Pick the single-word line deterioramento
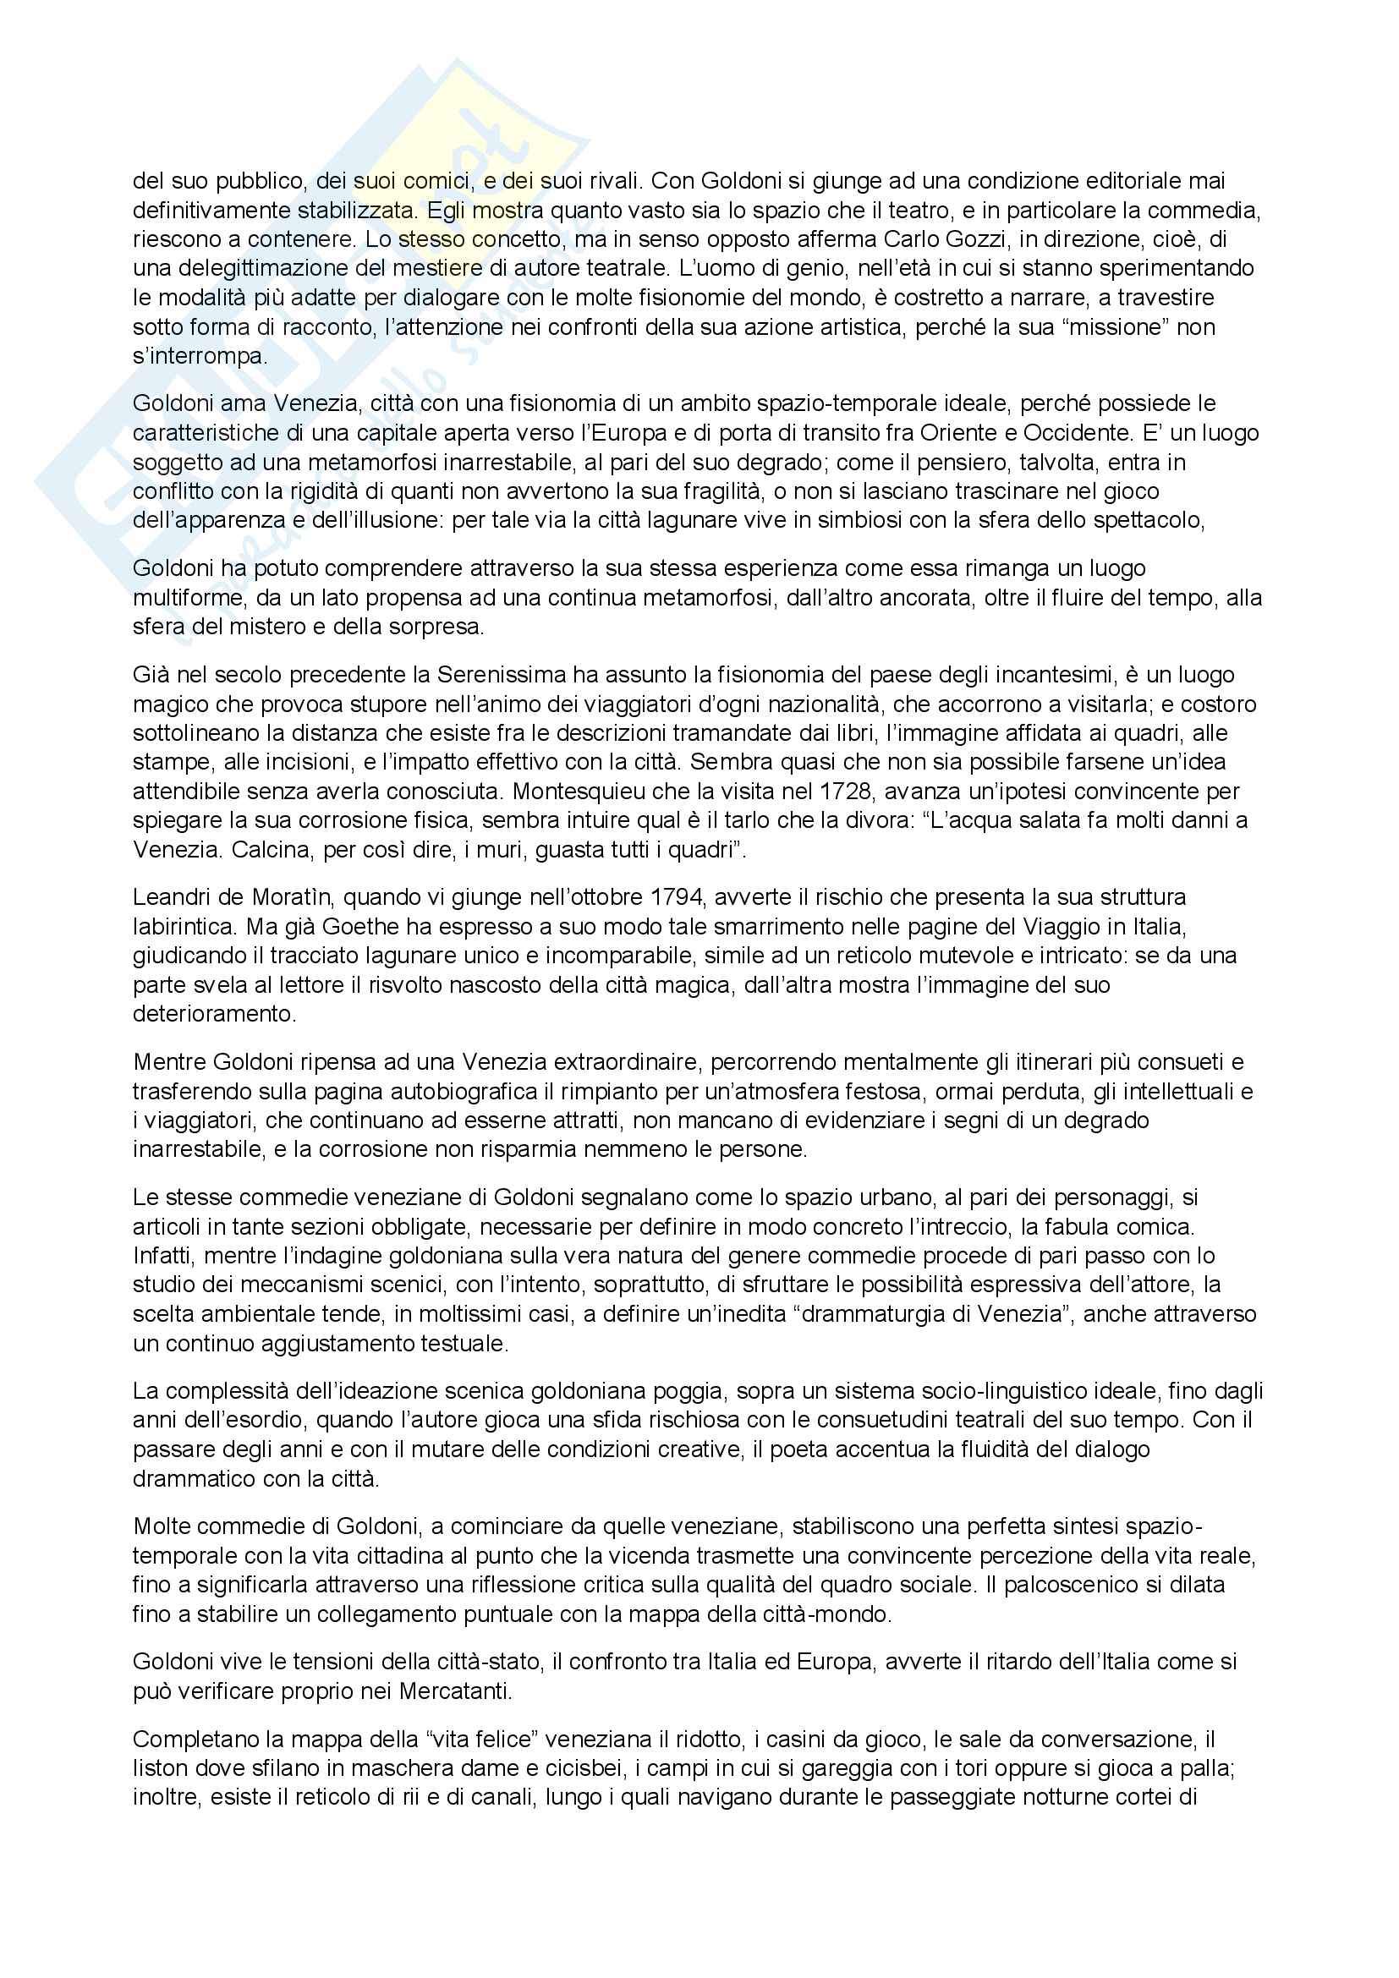pos(214,1014)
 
